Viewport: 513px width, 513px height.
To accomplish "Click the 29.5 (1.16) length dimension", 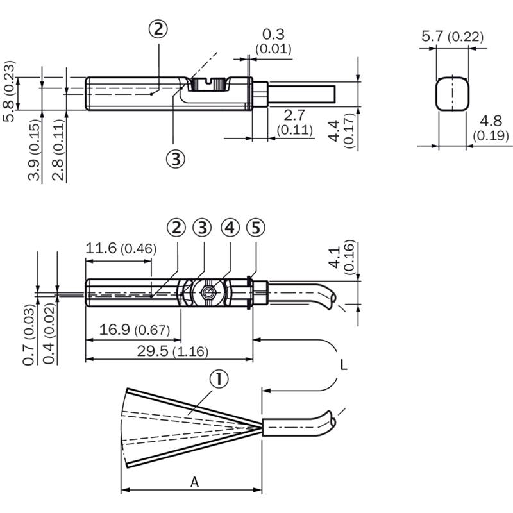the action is pyautogui.click(x=172, y=351).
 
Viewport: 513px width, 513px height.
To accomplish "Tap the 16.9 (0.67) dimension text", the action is pyautogui.click(x=135, y=330).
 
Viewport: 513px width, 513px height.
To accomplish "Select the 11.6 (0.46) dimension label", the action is pyautogui.click(x=121, y=248).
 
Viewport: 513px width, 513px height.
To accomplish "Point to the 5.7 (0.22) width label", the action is pyautogui.click(x=452, y=36).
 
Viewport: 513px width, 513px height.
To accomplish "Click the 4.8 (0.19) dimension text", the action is pyautogui.click(x=491, y=128).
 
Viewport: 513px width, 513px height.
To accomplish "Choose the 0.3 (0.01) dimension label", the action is pyautogui.click(x=274, y=41).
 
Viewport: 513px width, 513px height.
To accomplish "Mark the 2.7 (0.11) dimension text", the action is pyautogui.click(x=294, y=122).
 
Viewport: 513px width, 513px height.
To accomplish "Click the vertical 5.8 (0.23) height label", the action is pyautogui.click(x=9, y=91).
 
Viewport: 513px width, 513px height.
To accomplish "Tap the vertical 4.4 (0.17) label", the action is pyautogui.click(x=342, y=131).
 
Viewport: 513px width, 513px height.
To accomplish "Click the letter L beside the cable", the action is pyautogui.click(x=344, y=365).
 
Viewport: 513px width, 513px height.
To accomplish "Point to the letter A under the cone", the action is pyautogui.click(x=195, y=482).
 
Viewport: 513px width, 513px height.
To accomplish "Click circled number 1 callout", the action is pyautogui.click(x=219, y=379).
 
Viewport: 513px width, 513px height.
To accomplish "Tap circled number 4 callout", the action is pyautogui.click(x=230, y=228).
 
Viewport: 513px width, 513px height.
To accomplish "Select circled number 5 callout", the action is pyautogui.click(x=256, y=228).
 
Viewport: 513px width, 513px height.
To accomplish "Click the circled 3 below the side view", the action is pyautogui.click(x=176, y=159).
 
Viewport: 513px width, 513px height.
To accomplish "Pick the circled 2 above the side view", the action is pyautogui.click(x=158, y=29).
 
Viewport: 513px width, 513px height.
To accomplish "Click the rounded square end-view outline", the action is pyautogui.click(x=437, y=94).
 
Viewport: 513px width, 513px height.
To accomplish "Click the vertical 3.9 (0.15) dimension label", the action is pyautogui.click(x=34, y=150).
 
